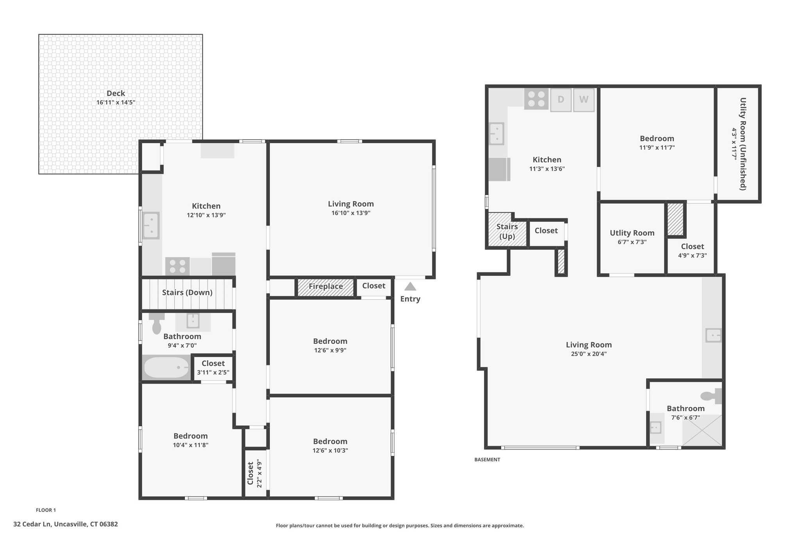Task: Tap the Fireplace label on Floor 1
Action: click(x=326, y=286)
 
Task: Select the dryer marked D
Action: click(x=561, y=100)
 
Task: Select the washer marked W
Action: click(x=584, y=100)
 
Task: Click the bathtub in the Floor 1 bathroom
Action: click(x=167, y=367)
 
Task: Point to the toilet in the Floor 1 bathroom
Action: click(x=157, y=323)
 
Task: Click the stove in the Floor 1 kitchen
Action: click(x=177, y=266)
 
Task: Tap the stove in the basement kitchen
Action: click(x=536, y=99)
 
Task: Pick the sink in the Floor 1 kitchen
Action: click(x=151, y=226)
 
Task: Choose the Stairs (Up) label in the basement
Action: click(x=507, y=232)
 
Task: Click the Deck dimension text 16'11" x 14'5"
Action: click(x=116, y=102)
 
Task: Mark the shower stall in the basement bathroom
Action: click(x=702, y=430)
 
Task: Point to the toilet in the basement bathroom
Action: click(x=711, y=396)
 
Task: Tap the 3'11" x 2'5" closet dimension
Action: click(x=213, y=372)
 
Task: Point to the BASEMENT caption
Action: click(x=487, y=460)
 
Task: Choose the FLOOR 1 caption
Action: click(x=46, y=510)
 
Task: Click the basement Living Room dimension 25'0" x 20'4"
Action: click(x=589, y=354)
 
